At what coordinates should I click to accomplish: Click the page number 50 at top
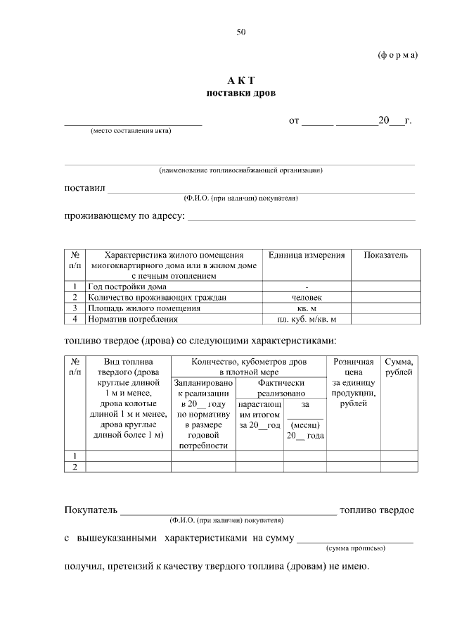coord(241,32)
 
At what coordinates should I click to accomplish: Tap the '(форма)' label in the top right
coord(397,55)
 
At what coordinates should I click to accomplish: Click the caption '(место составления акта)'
coord(131,131)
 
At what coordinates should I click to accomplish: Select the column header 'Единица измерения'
coord(307,255)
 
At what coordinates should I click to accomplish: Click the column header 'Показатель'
coord(385,255)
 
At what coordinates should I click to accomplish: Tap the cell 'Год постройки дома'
coord(127,287)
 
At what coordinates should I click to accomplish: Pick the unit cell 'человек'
coord(307,298)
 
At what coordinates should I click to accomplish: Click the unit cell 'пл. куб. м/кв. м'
coord(307,319)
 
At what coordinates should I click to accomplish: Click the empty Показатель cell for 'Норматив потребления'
coord(385,319)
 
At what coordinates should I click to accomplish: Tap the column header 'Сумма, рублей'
coord(399,366)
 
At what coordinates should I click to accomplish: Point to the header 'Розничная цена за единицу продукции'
coord(353,382)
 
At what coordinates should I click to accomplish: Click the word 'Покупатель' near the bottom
coord(91,510)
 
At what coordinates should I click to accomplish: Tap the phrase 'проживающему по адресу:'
coord(124,215)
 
